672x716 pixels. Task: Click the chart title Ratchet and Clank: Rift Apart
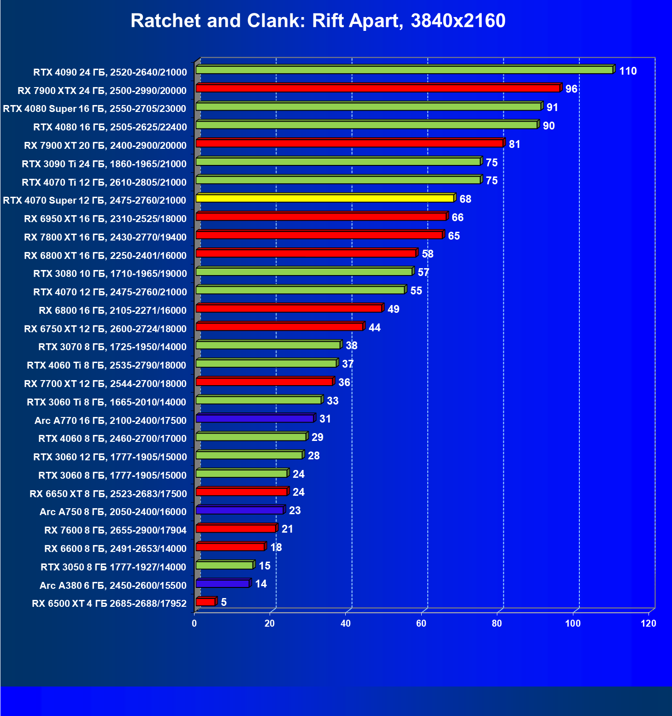click(318, 21)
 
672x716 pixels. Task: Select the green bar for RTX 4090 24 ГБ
click(404, 70)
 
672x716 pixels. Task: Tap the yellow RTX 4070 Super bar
click(325, 198)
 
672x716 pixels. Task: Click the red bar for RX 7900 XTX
click(378, 88)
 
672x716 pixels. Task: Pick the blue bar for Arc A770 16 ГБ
click(255, 418)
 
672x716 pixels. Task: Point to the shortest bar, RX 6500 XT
click(206, 602)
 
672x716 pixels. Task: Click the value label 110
click(628, 71)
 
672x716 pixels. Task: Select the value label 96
click(572, 89)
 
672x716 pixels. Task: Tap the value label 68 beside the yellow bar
click(466, 199)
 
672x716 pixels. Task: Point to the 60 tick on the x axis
click(421, 623)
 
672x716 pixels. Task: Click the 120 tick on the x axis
click(648, 623)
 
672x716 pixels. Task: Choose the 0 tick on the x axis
click(194, 623)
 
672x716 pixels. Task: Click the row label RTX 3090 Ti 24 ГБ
click(104, 164)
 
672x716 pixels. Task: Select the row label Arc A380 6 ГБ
click(113, 585)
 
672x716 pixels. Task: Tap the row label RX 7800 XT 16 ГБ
click(105, 237)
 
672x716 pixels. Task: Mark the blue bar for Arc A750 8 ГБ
click(240, 510)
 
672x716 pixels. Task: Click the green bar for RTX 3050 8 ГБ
click(224, 565)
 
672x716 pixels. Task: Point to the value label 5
click(224, 602)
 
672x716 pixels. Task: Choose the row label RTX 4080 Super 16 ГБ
click(94, 108)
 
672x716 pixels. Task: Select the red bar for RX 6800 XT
click(306, 253)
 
